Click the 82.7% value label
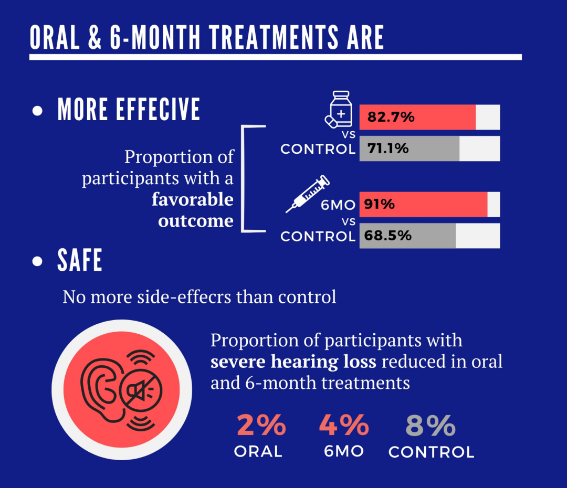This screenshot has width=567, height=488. click(x=391, y=117)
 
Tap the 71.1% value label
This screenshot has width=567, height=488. click(x=387, y=148)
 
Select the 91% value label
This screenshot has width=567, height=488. click(x=380, y=204)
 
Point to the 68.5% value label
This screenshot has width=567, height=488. click(x=389, y=236)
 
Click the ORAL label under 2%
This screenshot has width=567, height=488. click(x=258, y=451)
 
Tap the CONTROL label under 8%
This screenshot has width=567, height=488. click(x=431, y=452)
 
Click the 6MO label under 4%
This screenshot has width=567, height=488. click(x=344, y=451)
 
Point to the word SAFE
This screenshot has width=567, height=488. click(x=80, y=261)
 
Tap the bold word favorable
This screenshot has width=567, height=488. click(x=193, y=199)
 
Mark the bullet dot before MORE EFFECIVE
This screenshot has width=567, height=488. click(x=37, y=111)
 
